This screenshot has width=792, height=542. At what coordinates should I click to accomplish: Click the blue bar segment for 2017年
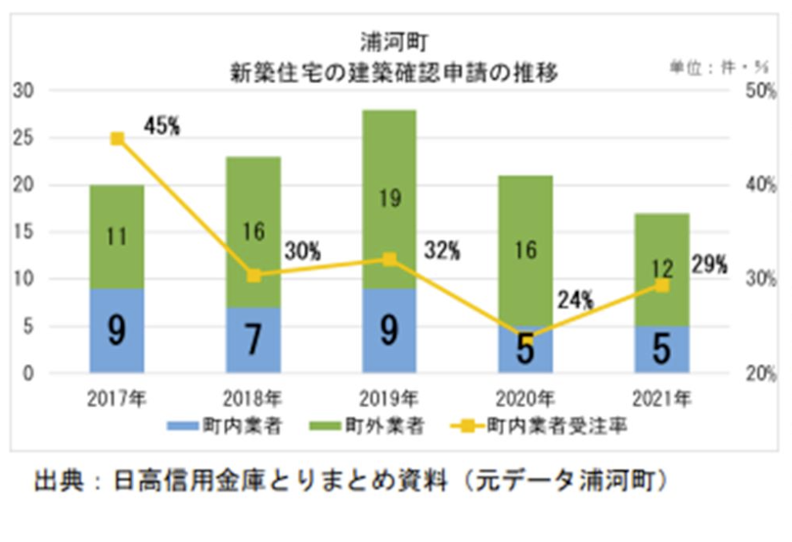(117, 330)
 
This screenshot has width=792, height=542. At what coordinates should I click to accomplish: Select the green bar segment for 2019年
(389, 199)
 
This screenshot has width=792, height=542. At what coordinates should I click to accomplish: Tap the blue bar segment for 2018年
(253, 340)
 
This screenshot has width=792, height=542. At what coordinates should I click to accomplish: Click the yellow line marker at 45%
(117, 139)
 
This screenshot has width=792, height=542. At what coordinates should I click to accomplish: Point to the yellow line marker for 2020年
(526, 336)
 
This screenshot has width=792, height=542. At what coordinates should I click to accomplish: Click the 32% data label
(442, 250)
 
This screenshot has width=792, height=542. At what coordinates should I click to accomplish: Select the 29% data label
(709, 265)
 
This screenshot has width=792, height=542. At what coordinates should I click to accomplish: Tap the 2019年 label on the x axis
(389, 397)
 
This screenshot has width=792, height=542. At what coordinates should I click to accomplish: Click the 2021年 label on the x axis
(662, 397)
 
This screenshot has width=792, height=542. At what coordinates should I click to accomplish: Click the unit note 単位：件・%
(718, 68)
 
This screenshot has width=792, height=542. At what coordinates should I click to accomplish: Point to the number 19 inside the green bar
(389, 199)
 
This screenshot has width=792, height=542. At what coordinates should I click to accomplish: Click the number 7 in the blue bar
(253, 340)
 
